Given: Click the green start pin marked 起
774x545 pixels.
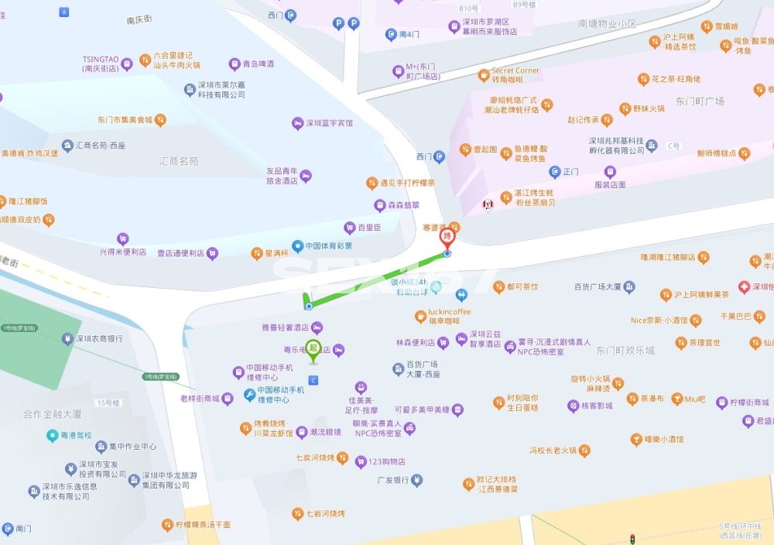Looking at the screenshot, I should (x=313, y=350).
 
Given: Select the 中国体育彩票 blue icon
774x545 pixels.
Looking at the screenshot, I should (x=297, y=246).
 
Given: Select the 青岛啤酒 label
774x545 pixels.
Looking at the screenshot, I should (x=257, y=64).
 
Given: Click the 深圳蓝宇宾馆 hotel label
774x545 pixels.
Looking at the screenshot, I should (x=328, y=123).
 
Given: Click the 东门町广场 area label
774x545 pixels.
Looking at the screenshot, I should (x=700, y=101).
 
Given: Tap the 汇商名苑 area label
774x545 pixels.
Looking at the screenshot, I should (x=179, y=161).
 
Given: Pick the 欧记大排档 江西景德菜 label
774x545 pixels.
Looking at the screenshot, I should (x=496, y=485).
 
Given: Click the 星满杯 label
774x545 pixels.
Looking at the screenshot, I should (x=276, y=253).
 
